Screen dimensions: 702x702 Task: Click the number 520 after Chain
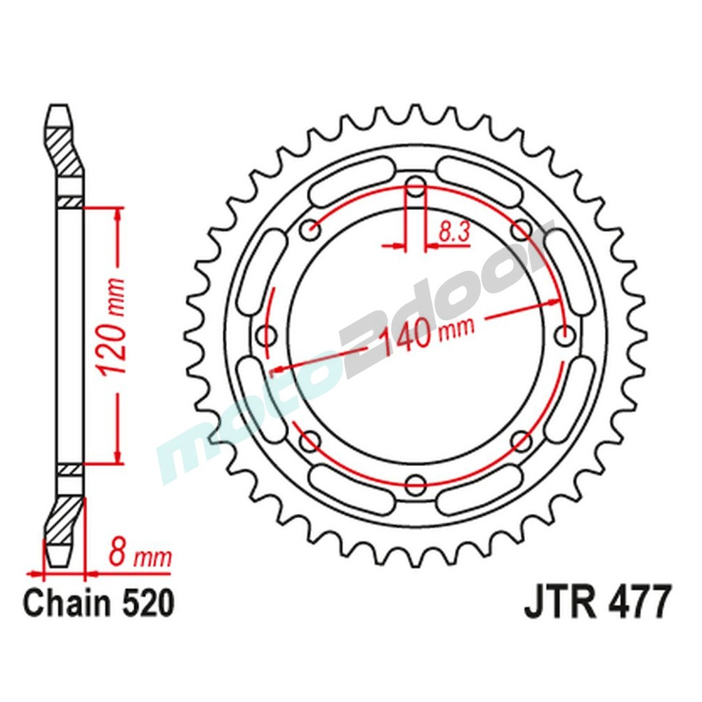click(143, 604)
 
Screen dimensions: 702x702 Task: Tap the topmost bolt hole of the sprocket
click(416, 187)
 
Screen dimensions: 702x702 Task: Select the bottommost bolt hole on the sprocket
click(416, 483)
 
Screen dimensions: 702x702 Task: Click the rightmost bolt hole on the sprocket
click(564, 335)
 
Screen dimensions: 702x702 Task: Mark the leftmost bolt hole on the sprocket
click(267, 335)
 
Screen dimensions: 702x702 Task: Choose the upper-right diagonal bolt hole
click(521, 230)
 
